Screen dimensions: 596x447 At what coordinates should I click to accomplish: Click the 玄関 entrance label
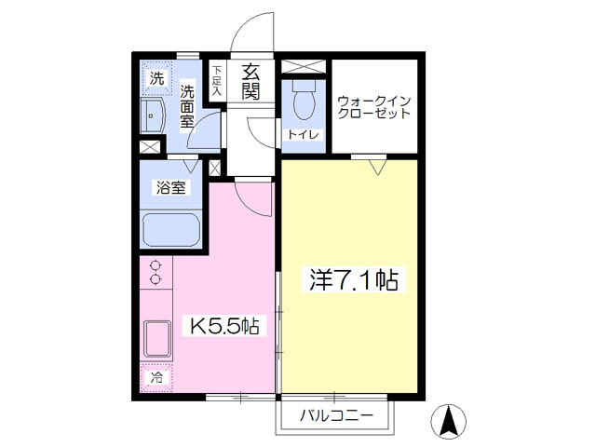click(251, 82)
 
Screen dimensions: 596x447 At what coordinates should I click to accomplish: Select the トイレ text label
click(304, 134)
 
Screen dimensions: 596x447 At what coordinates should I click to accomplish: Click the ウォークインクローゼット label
click(374, 108)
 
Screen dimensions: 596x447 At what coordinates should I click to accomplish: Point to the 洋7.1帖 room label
click(354, 279)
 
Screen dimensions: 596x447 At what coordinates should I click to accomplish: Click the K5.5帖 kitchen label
click(224, 325)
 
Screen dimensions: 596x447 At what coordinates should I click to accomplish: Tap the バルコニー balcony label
click(336, 415)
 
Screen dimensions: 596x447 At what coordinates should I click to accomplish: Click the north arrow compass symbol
click(449, 422)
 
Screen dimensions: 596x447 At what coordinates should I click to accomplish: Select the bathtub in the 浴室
click(170, 229)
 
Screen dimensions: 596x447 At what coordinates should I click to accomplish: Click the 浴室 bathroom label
click(170, 187)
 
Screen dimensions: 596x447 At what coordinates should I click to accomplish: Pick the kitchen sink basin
click(157, 339)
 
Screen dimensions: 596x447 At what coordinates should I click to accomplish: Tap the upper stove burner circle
click(156, 264)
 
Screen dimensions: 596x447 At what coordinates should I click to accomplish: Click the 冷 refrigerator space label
click(157, 377)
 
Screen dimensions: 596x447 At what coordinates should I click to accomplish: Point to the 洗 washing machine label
click(156, 78)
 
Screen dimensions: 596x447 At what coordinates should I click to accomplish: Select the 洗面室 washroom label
click(186, 106)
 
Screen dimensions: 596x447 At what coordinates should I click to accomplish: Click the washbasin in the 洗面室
click(153, 115)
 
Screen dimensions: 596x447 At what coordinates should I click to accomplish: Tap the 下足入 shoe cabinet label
click(217, 81)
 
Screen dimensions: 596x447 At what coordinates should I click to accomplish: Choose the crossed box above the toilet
click(304, 66)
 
